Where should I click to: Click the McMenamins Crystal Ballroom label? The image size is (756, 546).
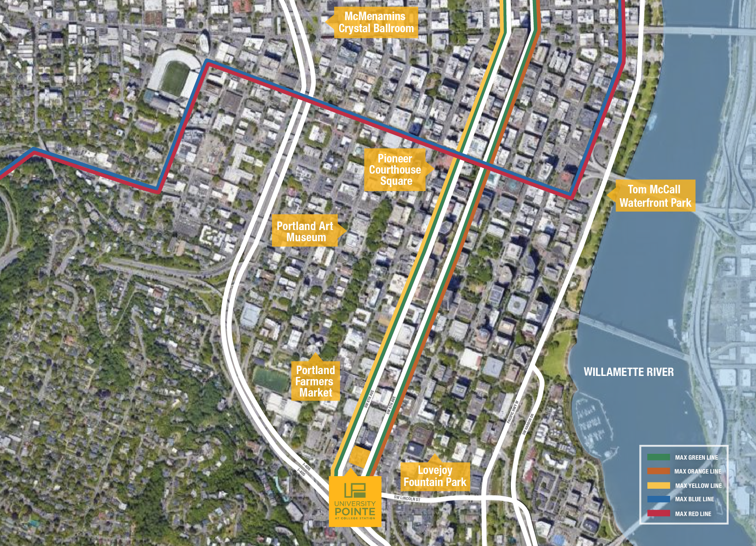(376, 22)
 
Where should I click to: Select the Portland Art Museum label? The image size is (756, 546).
(305, 231)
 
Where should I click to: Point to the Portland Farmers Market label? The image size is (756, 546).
(315, 381)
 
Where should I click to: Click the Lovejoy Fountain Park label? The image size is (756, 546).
(435, 476)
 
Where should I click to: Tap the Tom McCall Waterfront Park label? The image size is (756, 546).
(655, 196)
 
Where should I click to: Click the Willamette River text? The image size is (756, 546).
(629, 372)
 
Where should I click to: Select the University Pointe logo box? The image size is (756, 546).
(355, 501)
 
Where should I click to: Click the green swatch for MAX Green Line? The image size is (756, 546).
(658, 457)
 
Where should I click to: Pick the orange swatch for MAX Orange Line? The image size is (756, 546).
(658, 471)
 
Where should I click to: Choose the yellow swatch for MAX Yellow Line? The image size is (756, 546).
(658, 486)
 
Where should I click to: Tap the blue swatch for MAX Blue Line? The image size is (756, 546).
(658, 499)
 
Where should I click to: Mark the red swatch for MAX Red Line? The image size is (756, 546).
(658, 513)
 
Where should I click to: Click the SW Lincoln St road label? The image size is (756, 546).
(407, 499)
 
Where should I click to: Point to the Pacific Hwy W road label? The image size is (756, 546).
(513, 412)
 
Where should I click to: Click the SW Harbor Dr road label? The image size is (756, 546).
(528, 424)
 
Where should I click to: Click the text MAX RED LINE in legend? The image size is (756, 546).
(693, 514)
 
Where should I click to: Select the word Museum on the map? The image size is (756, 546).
(306, 238)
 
